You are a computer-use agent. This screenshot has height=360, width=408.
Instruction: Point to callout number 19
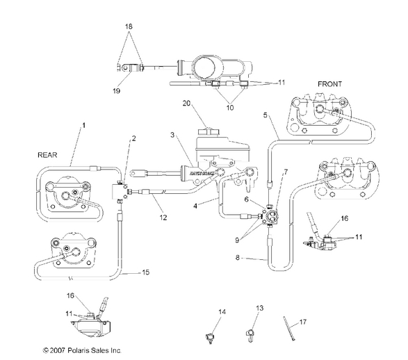pyautogui.click(x=117, y=90)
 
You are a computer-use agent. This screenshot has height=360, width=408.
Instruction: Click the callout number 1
pyautogui.click(x=84, y=124)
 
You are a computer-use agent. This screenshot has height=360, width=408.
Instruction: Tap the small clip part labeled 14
pyautogui.click(x=208, y=338)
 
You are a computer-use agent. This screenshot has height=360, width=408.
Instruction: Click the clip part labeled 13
pyautogui.click(x=251, y=336)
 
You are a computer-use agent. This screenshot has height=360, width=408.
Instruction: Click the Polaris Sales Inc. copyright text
pyautogui.click(x=82, y=350)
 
